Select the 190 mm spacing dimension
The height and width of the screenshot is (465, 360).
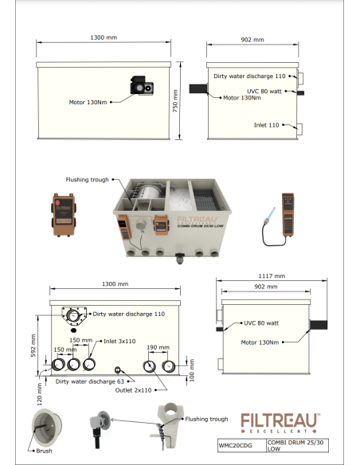(158, 348)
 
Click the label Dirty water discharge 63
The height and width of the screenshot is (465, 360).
(89, 381)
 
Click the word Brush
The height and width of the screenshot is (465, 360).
(45, 451)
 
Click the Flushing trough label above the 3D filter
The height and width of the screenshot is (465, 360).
(88, 180)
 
